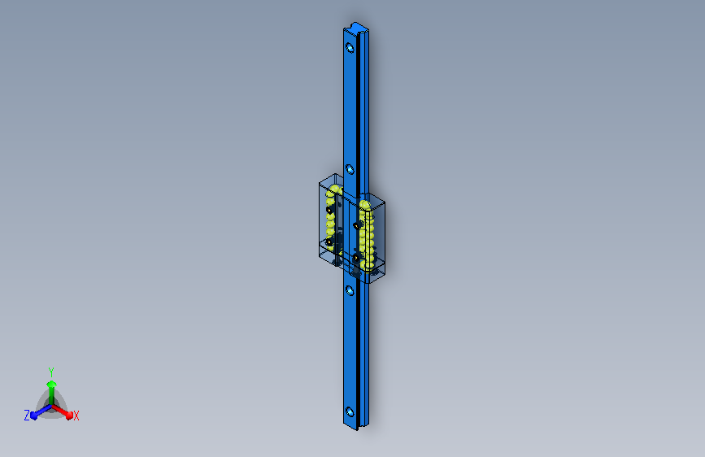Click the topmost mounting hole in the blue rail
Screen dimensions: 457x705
pyautogui.click(x=350, y=47)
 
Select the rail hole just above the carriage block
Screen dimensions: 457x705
pyautogui.click(x=350, y=169)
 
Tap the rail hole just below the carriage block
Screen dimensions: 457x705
pyautogui.click(x=350, y=289)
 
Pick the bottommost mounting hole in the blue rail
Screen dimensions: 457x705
pyautogui.click(x=350, y=411)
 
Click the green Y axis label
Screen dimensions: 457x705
pyautogui.click(x=50, y=370)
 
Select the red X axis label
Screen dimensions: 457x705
pyautogui.click(x=76, y=416)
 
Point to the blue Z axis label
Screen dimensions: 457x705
pyautogui.click(x=27, y=416)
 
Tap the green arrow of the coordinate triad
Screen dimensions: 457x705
pyautogui.click(x=50, y=387)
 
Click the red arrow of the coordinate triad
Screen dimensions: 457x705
pyautogui.click(x=65, y=411)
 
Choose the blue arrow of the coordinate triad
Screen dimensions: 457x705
pyautogui.click(x=37, y=411)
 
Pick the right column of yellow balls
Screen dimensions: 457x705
pyautogui.click(x=367, y=232)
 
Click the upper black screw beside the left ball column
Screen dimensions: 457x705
pyautogui.click(x=329, y=210)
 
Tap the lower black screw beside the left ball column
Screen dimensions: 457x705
pyautogui.click(x=329, y=242)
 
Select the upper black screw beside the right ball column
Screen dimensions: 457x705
pyautogui.click(x=357, y=224)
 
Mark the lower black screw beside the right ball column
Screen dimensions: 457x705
pyautogui.click(x=356, y=257)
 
